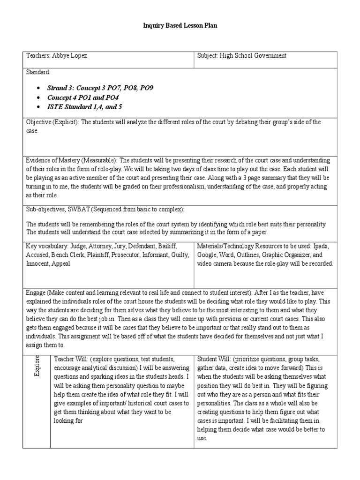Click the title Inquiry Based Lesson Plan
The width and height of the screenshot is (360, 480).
(180, 26)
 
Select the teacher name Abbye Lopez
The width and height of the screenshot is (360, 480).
(70, 56)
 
